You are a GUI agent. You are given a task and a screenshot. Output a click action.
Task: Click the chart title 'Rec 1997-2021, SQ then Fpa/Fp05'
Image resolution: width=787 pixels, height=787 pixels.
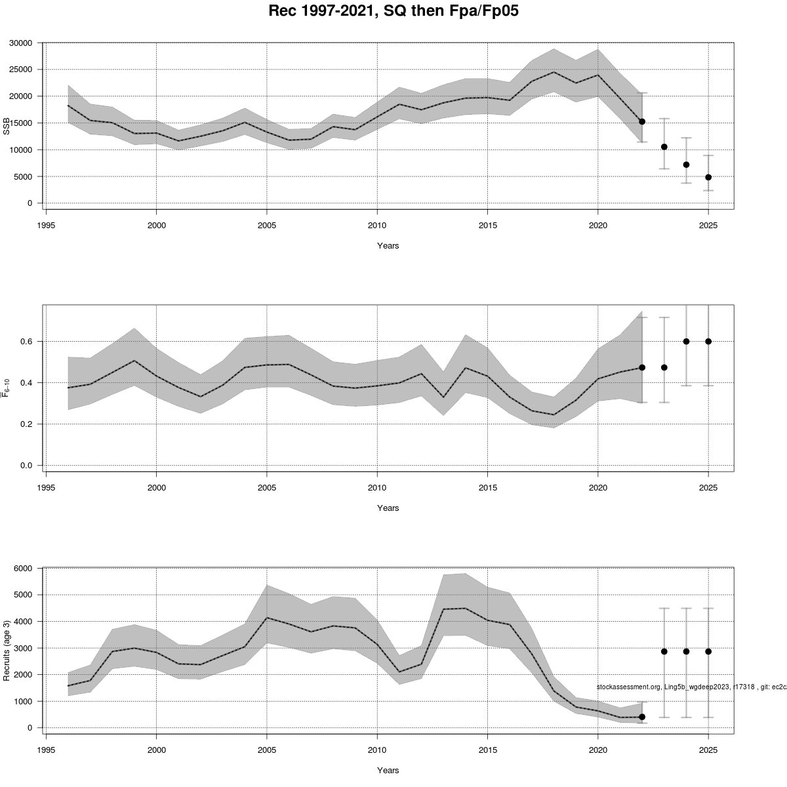pos(393,11)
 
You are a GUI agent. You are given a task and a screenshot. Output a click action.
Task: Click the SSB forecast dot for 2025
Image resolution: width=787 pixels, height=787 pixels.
pos(708,177)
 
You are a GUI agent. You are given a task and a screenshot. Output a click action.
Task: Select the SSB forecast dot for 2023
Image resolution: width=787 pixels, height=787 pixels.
pos(664,147)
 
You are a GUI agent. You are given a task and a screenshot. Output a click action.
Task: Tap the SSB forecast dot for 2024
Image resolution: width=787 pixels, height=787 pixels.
pos(686,165)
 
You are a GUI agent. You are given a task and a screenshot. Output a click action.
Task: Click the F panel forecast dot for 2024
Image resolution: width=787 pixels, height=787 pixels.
pos(686,341)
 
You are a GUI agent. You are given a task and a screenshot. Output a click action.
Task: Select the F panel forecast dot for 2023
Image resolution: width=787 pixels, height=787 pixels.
pos(664,367)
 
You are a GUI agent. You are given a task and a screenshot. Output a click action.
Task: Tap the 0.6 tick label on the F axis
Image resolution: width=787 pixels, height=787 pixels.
pos(27,342)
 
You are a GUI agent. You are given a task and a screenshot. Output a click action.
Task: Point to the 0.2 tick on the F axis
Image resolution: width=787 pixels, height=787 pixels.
pos(27,424)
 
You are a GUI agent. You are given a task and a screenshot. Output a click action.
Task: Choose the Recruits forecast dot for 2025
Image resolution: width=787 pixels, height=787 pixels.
pos(708,651)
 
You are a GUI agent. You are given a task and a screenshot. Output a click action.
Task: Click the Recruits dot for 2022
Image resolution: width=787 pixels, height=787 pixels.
pos(642,717)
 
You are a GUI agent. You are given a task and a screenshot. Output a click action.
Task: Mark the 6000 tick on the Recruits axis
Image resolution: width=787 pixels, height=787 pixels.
pos(24,568)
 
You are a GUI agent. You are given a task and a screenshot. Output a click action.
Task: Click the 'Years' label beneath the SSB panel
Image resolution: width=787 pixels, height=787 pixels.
pos(388,246)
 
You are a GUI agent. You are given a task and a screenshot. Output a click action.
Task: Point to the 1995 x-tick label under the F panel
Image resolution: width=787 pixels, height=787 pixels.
pos(46,487)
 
